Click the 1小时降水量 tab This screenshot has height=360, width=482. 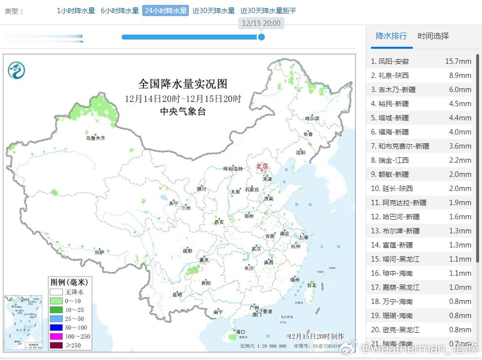point(76,11)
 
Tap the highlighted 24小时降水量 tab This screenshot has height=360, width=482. point(166,11)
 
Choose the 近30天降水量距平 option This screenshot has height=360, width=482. point(268,11)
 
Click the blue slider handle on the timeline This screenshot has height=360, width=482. point(261,37)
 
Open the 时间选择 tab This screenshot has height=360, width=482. point(433,36)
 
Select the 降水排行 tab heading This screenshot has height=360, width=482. point(391,36)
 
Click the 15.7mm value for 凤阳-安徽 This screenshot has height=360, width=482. point(458,61)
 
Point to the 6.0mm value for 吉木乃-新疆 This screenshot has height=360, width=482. point(460,90)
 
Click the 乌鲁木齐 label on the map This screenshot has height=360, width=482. point(95,138)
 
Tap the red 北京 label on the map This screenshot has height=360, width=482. point(262,167)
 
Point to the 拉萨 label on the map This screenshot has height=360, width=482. point(99,252)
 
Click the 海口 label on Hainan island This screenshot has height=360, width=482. point(241,332)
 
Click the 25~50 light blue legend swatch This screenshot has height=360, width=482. point(56,319)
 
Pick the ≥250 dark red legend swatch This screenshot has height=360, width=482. point(56,346)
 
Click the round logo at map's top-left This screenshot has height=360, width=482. point(17,71)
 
